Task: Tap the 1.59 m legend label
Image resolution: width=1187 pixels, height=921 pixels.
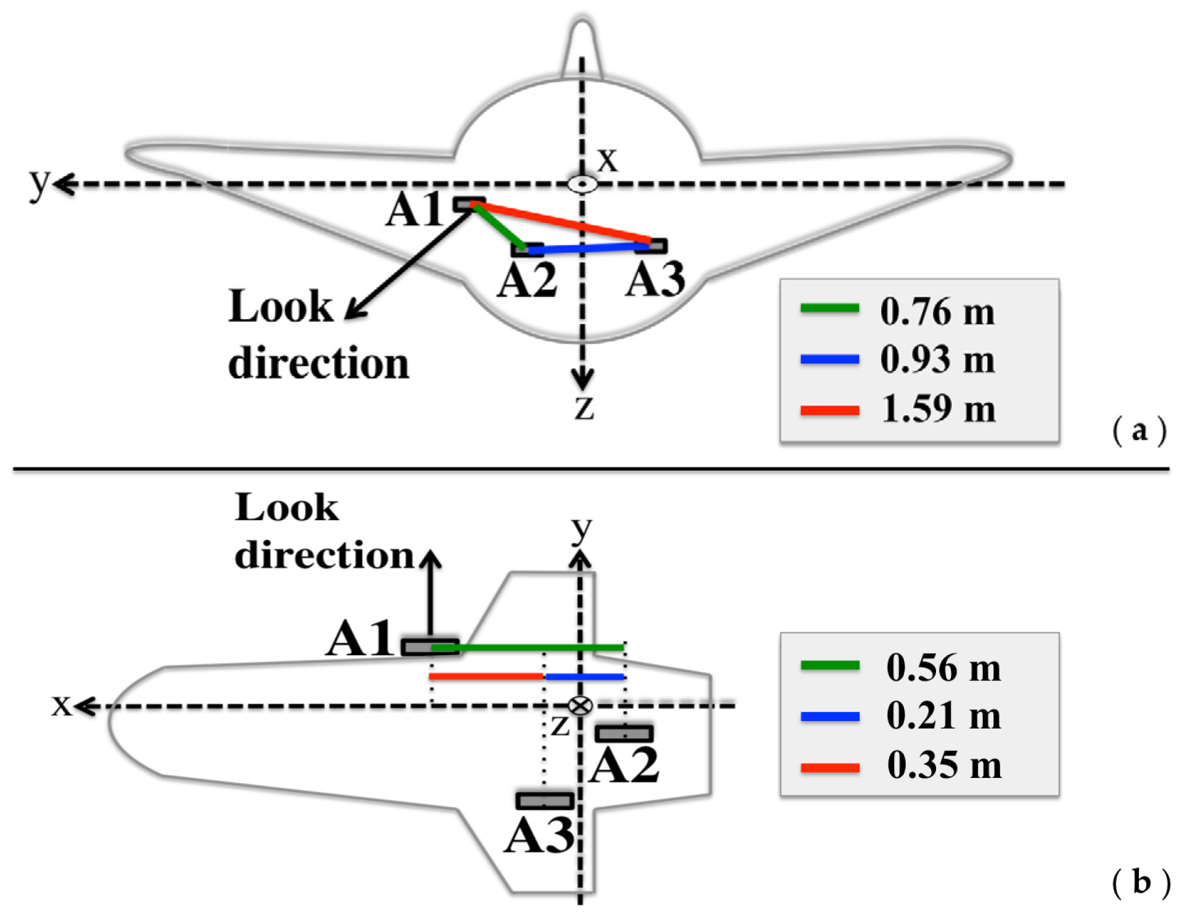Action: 938,408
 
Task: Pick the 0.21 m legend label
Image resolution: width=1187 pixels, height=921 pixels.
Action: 943,716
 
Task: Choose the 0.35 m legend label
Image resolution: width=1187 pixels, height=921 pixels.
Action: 944,765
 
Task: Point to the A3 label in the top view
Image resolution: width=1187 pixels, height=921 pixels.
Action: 655,279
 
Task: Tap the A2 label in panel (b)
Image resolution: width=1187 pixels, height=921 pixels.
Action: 624,766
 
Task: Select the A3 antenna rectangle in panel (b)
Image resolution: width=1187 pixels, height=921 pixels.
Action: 545,801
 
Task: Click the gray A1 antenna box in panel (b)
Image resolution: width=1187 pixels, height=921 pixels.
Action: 430,646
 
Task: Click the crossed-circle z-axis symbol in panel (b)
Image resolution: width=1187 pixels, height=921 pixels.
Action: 580,705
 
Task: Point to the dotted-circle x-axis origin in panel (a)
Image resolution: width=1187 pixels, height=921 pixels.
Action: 582,184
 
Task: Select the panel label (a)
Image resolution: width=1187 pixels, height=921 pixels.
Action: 1139,430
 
